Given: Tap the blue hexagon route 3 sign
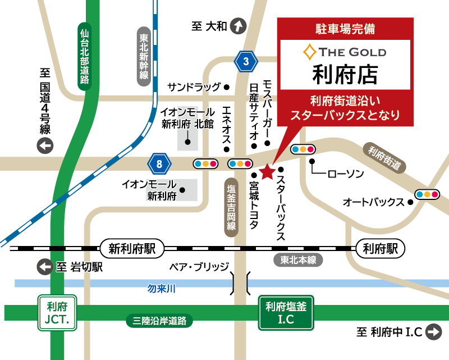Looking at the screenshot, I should tap(245, 61).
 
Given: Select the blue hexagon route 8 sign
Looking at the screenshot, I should tap(160, 164).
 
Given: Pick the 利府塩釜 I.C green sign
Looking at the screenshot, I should tap(286, 313).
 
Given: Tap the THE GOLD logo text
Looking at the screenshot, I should tap(345, 52).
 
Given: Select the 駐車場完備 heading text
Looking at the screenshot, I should tap(346, 28).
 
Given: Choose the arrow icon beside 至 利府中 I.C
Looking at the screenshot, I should tap(434, 332).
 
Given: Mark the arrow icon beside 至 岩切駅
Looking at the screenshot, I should tap(44, 267).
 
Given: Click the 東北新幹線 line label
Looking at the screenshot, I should tap(144, 57).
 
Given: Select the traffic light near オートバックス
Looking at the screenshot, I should tap(427, 194).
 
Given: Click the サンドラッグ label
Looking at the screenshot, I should tap(195, 87).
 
